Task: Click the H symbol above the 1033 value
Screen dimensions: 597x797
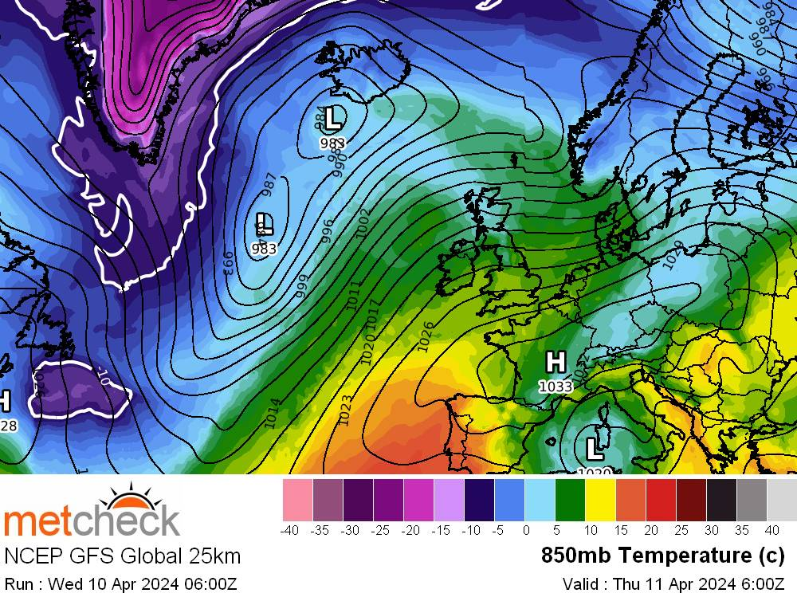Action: pos(556,362)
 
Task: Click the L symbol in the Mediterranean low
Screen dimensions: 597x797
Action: pos(595,447)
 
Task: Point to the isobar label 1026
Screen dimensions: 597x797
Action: pos(426,336)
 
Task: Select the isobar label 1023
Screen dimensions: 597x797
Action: pos(346,410)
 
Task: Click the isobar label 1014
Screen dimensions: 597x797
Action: pos(273,413)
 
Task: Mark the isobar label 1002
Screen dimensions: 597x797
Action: pos(363,224)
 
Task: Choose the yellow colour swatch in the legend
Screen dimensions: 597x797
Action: pos(600,499)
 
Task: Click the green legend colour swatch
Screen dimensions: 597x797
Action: pos(570,499)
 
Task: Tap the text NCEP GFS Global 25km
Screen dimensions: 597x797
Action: pos(122,556)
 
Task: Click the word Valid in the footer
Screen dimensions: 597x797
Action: pos(579,583)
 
